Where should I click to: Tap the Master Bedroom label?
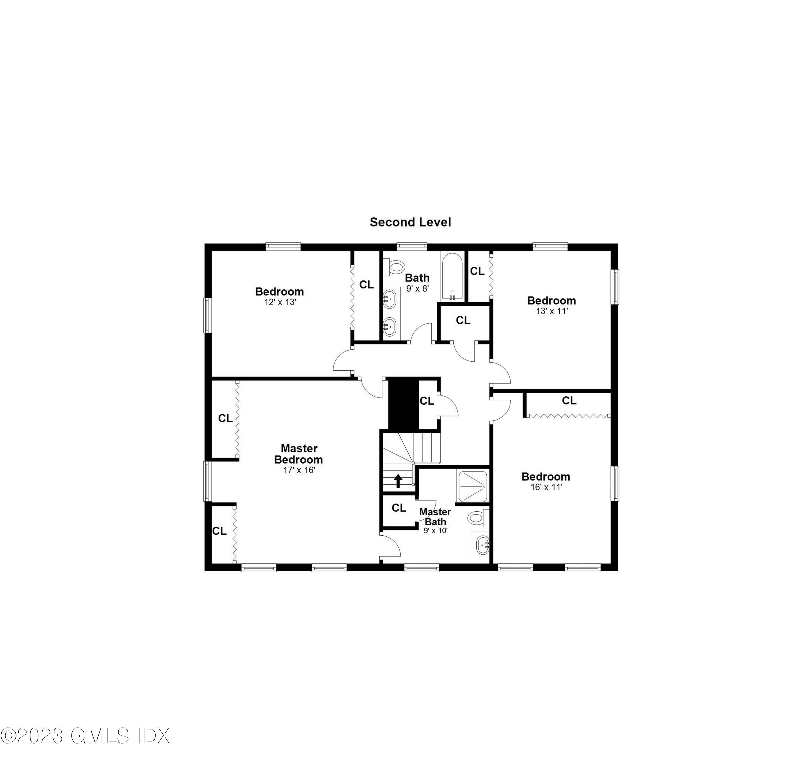pyautogui.click(x=299, y=454)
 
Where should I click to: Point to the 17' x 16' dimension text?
pyautogui.click(x=299, y=470)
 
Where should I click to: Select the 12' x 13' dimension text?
pyautogui.click(x=280, y=302)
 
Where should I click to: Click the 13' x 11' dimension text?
pyautogui.click(x=552, y=311)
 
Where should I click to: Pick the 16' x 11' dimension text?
pyautogui.click(x=546, y=487)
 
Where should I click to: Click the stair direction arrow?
pyautogui.click(x=398, y=481)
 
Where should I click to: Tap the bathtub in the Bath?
pyautogui.click(x=452, y=276)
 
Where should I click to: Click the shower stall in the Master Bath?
pyautogui.click(x=473, y=486)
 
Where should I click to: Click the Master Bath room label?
pyautogui.click(x=435, y=517)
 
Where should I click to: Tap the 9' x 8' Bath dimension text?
pyautogui.click(x=417, y=289)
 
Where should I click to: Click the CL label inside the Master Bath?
pyautogui.click(x=399, y=508)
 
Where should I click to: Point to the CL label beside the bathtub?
pyautogui.click(x=477, y=271)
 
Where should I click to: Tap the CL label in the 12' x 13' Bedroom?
pyautogui.click(x=366, y=285)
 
